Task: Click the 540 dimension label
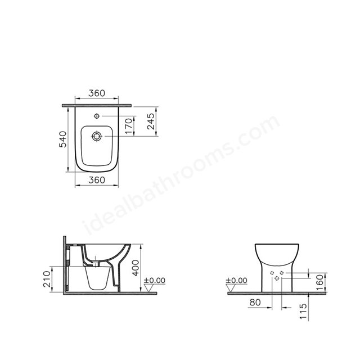click(62, 139)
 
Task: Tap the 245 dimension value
click(151, 121)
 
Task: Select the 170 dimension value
click(129, 126)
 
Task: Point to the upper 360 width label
click(97, 93)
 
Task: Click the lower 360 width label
click(97, 180)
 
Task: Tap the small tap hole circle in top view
click(97, 116)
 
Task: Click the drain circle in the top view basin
click(97, 136)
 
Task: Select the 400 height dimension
click(136, 268)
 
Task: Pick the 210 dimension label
click(47, 279)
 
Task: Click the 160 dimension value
click(319, 282)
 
